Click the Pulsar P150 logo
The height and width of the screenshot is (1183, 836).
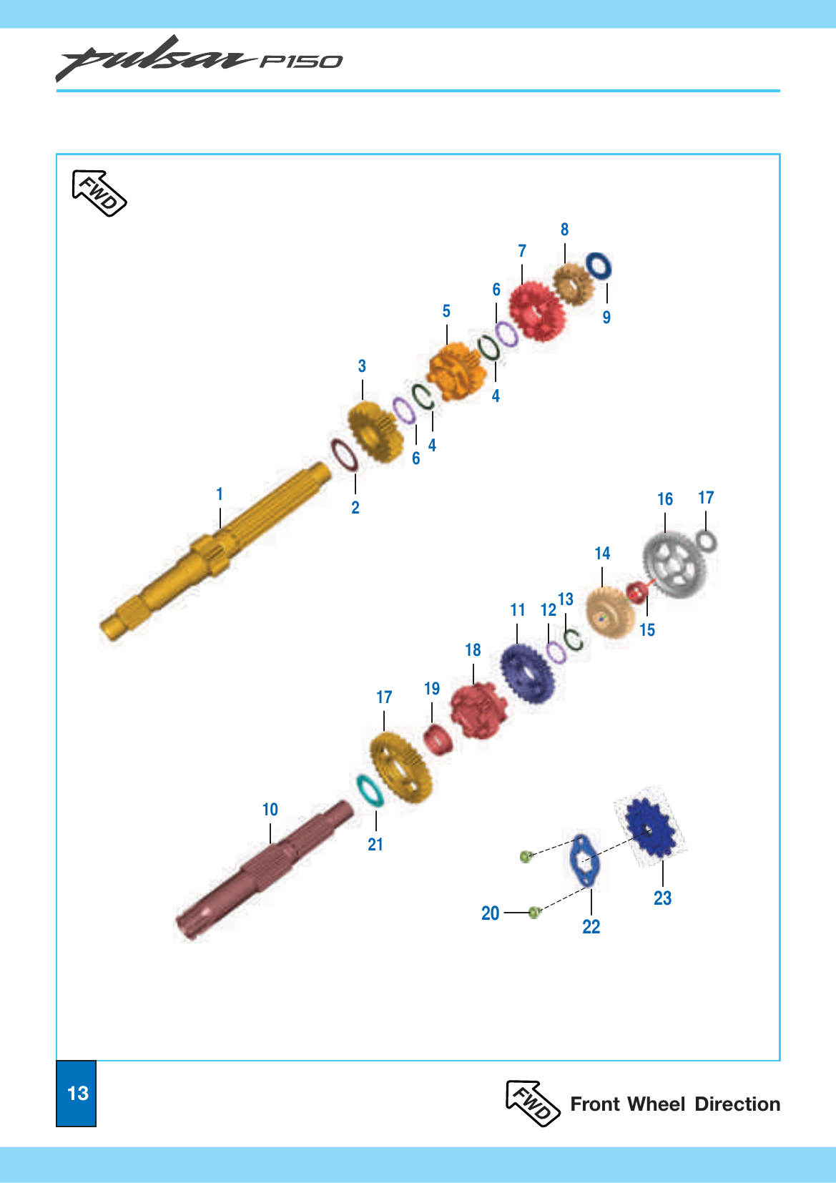point(199,59)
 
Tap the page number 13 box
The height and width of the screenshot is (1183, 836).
point(77,1093)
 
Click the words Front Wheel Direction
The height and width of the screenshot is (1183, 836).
point(675,1104)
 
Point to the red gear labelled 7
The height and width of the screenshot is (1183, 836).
point(538,311)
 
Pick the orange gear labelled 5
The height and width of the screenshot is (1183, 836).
point(458,370)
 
